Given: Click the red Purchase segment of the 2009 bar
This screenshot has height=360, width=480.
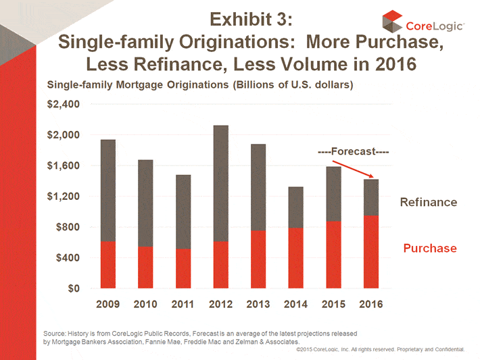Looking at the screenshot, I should (107, 264).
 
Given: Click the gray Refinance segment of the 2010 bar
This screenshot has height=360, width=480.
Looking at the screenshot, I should (145, 203).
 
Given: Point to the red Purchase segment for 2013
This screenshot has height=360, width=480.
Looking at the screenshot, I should (258, 259).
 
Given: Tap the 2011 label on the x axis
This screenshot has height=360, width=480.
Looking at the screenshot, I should (183, 304).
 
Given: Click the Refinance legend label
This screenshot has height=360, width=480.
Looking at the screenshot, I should (429, 203).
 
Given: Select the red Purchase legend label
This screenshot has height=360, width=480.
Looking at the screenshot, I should (430, 249).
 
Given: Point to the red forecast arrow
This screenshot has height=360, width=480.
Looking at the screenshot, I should (354, 171).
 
